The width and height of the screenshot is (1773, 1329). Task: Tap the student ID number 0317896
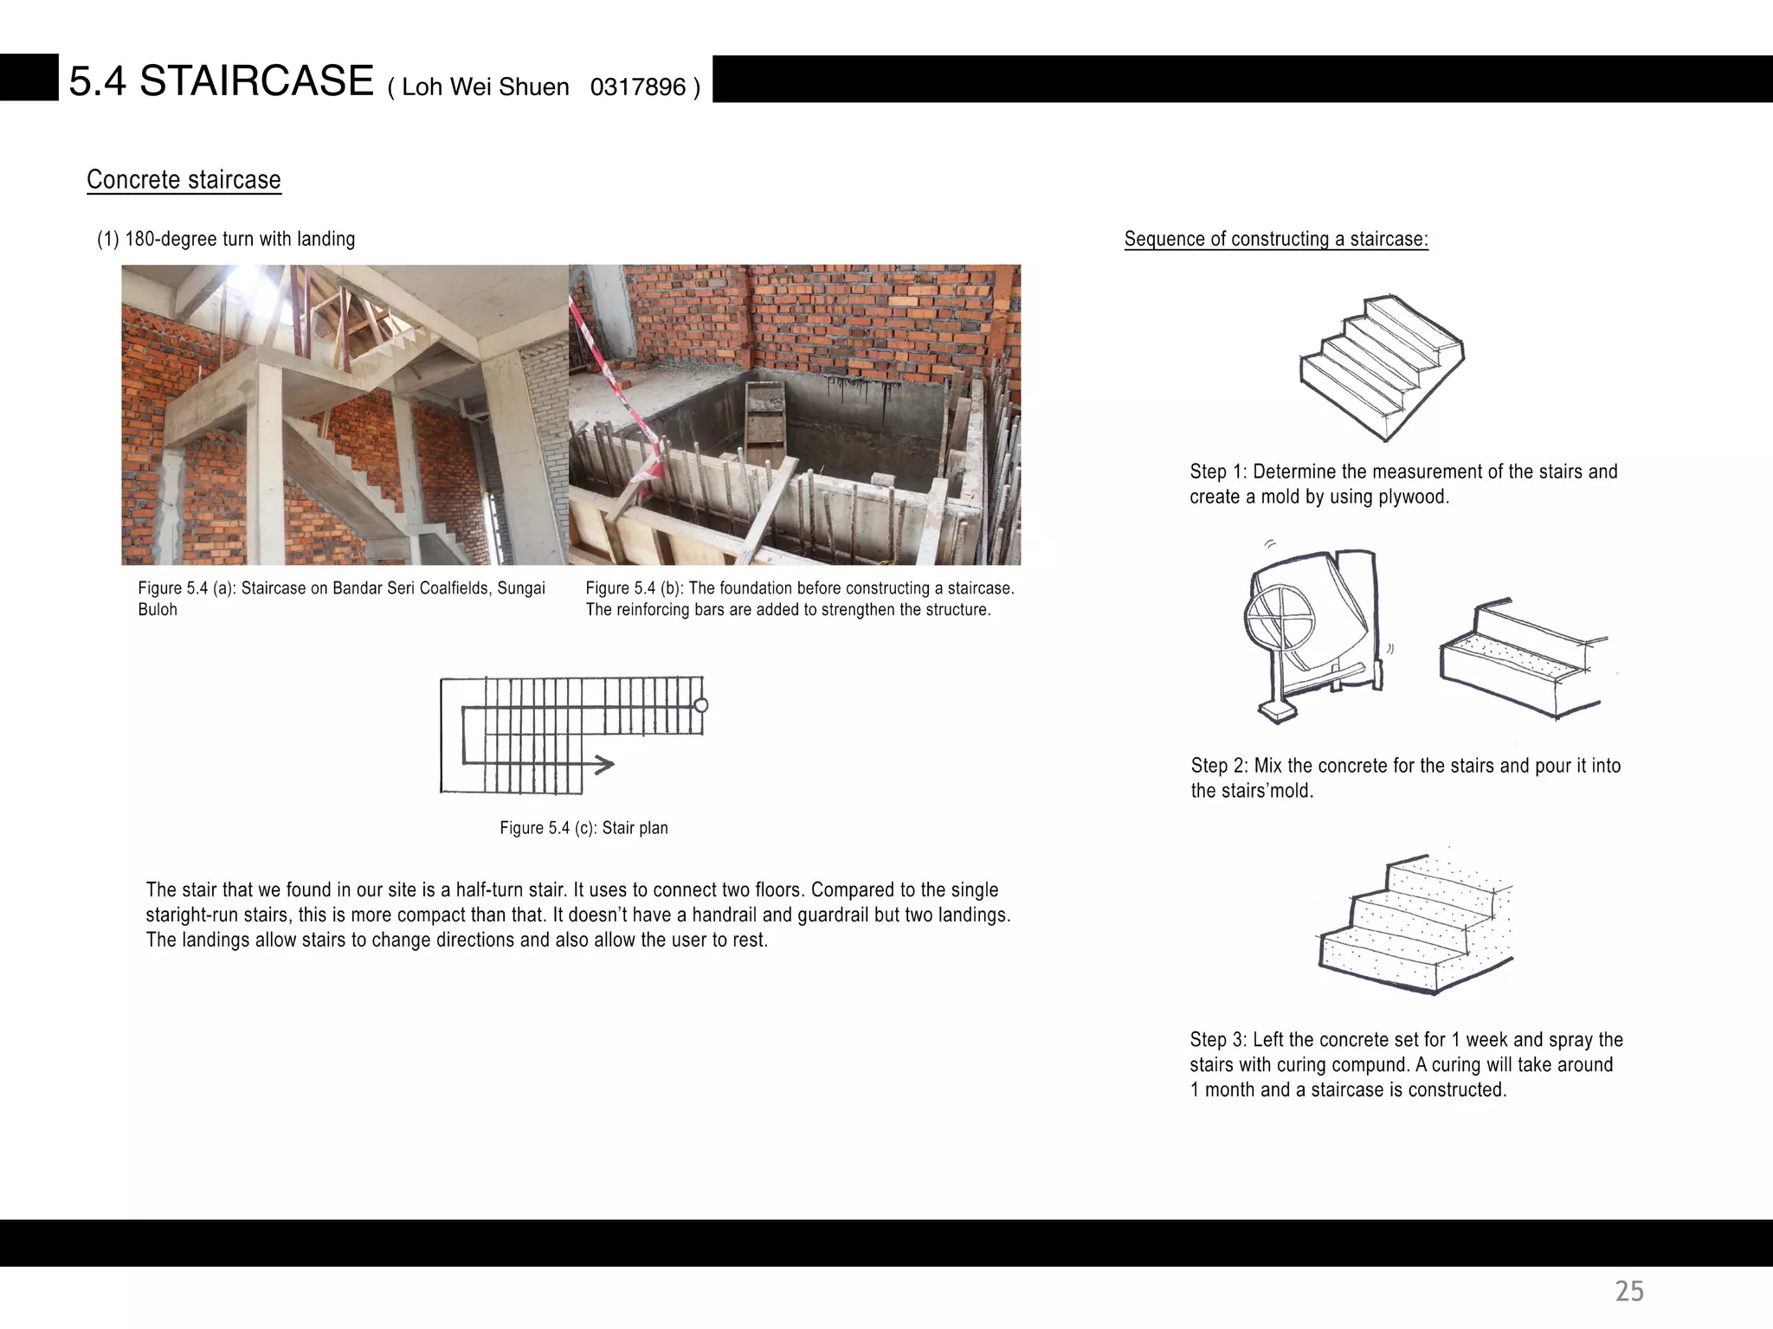point(637,87)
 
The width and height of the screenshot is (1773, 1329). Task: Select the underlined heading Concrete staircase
point(184,179)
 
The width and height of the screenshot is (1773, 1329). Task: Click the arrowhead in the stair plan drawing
point(605,764)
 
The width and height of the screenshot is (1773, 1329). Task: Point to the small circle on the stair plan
point(701,705)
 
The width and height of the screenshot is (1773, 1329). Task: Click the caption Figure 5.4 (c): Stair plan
point(583,828)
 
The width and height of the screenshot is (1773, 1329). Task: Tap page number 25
point(1628,1291)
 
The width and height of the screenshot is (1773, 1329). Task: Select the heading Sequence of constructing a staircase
point(1275,239)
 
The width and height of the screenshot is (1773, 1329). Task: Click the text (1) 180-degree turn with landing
point(225,239)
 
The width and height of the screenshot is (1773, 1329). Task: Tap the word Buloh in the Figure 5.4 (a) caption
point(158,609)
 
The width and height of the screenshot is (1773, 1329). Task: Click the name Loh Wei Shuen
point(485,87)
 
